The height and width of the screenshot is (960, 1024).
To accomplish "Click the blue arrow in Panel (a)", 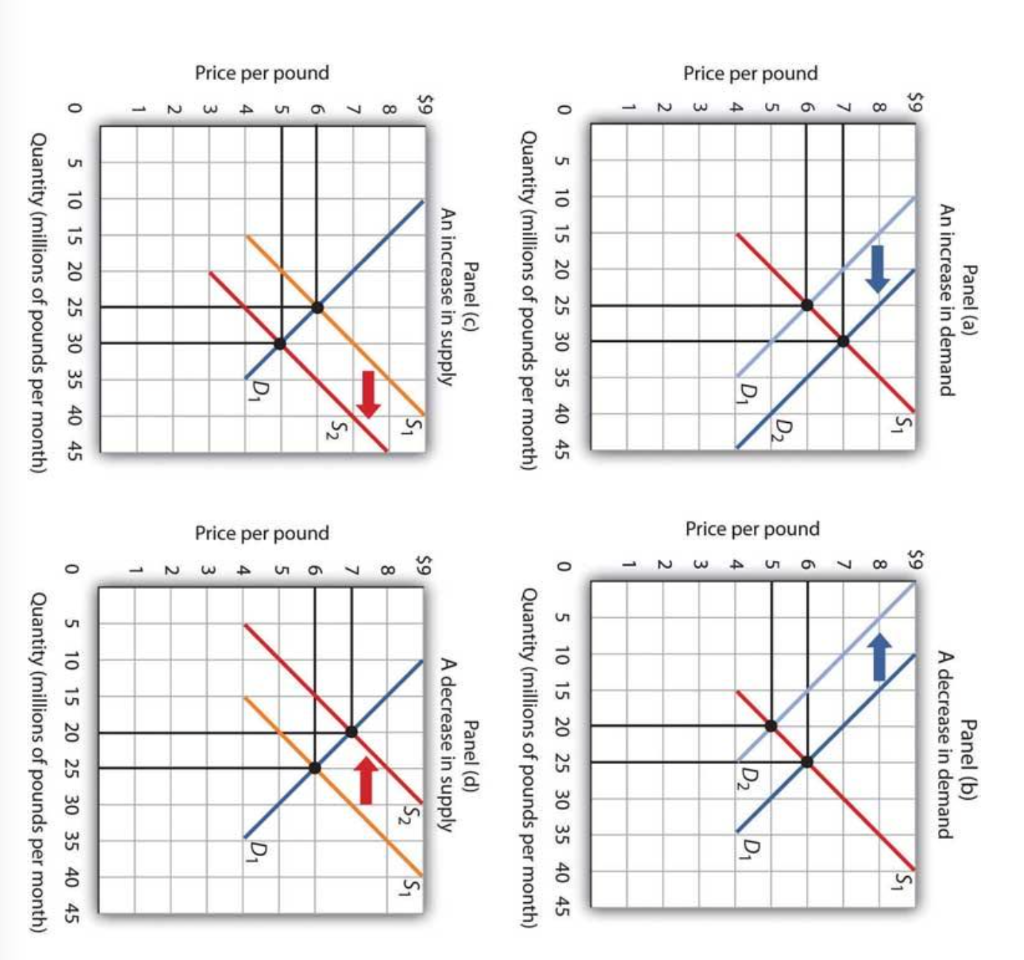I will tap(877, 269).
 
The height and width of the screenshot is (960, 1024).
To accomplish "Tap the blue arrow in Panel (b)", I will tap(878, 657).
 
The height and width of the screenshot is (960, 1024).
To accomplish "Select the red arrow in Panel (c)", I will tap(369, 394).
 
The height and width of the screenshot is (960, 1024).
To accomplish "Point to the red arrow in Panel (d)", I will tap(366, 779).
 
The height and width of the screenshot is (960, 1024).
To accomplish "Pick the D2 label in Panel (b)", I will tap(750, 777).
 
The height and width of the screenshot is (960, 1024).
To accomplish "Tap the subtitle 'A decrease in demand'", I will tap(941, 745).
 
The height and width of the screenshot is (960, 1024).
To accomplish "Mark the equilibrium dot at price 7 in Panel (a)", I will tap(843, 341).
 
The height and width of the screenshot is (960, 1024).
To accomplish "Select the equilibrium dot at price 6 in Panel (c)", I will tap(317, 307).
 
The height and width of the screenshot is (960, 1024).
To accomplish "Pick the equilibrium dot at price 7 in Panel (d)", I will tap(351, 731).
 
